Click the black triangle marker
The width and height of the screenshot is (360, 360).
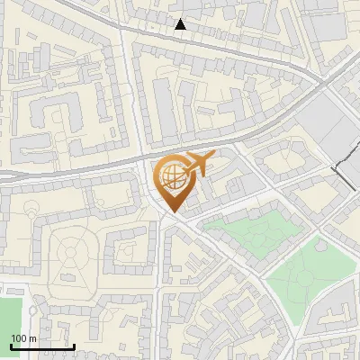point(181,24)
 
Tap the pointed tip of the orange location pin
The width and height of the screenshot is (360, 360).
point(173,212)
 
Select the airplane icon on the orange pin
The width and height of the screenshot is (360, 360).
point(197,165)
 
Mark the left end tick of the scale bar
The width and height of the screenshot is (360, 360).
point(11,346)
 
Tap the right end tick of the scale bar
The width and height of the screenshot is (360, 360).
point(74,346)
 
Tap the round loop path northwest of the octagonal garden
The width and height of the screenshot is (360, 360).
point(32,210)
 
